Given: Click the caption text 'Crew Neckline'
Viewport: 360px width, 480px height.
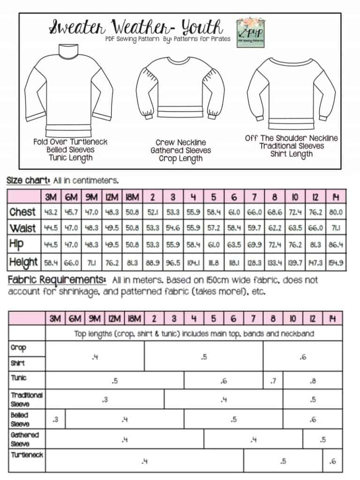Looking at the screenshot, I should (181, 142).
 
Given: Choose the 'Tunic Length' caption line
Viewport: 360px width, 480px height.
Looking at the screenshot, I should (71, 158).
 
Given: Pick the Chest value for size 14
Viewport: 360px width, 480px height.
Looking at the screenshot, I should (335, 212).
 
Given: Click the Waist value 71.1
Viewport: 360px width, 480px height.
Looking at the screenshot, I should (335, 229).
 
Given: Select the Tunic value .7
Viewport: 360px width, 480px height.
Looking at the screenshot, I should (273, 381).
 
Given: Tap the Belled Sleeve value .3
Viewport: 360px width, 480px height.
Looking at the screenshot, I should (56, 420).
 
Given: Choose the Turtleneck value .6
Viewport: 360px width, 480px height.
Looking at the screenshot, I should (333, 461).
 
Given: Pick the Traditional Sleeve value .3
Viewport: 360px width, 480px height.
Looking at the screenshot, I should (105, 399).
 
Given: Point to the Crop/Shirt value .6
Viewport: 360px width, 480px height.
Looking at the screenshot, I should (303, 357).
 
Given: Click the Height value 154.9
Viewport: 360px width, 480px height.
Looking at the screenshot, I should (335, 262).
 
